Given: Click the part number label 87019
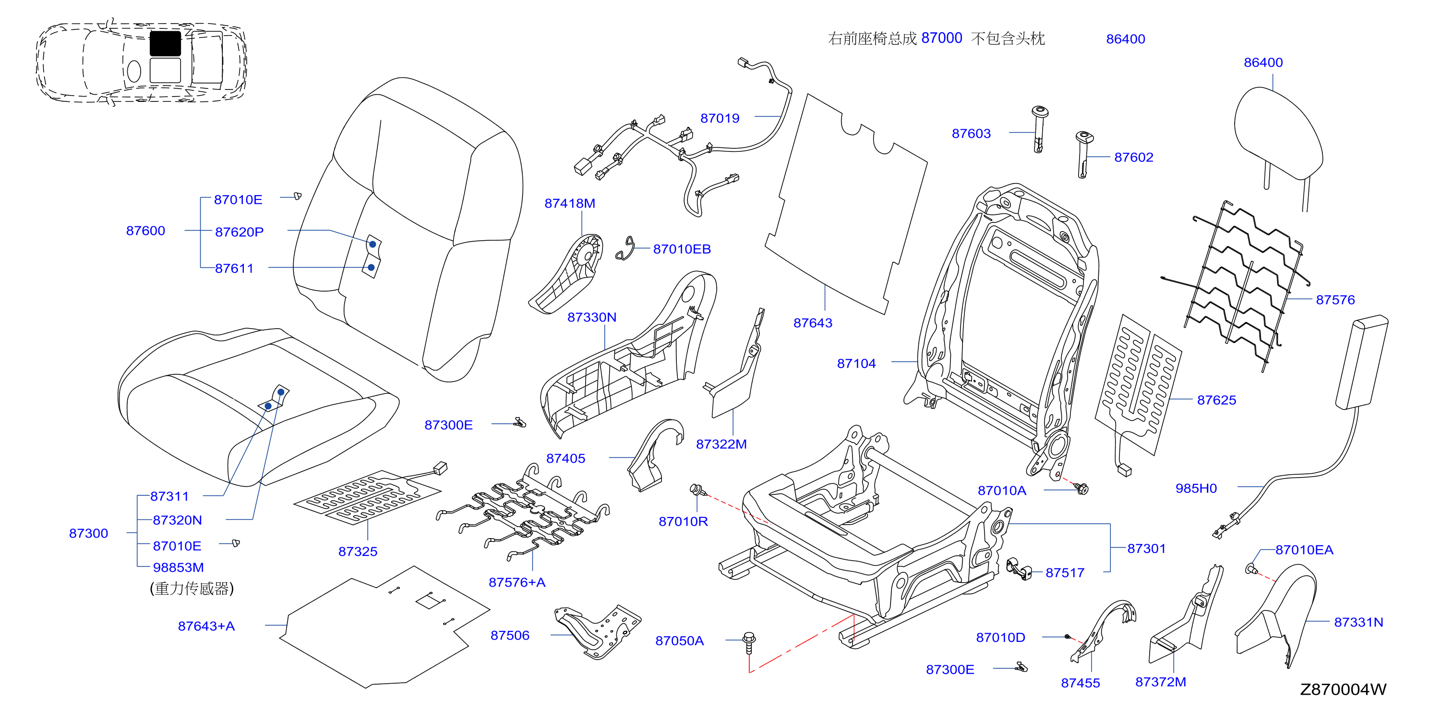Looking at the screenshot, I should coord(720,118).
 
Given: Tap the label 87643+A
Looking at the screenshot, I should coord(206,626).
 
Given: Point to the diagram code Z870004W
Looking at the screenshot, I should coord(1342,689).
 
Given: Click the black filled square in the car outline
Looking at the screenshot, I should coord(165,43).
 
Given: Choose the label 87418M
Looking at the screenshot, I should coord(569,203).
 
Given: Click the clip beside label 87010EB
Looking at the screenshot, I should coord(626,249).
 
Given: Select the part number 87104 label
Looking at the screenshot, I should coord(856,364).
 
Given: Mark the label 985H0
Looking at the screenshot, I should coord(1196,489).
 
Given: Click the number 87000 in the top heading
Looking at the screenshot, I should coord(941,38).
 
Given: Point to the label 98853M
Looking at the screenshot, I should coord(178,567).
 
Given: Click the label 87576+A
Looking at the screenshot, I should coord(517,582).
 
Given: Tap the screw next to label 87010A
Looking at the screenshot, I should coord(1082,489).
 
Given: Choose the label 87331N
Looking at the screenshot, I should coord(1358,622).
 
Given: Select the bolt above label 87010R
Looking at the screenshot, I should coord(697,490).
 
